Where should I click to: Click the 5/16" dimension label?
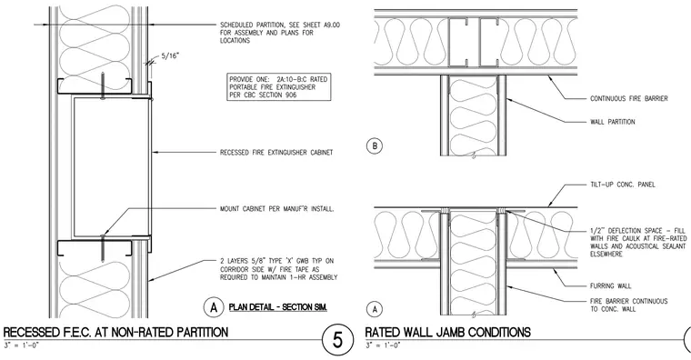[x=171, y=56]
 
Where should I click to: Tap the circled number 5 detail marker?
[x=337, y=340]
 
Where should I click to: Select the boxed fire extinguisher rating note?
[x=278, y=86]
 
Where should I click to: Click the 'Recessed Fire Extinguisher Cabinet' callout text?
[x=276, y=153]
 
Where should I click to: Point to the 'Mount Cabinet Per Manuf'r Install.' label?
[x=276, y=208]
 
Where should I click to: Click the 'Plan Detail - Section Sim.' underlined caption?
[x=278, y=307]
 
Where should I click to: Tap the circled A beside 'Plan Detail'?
[x=214, y=307]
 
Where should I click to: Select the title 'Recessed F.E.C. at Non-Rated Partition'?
[x=115, y=332]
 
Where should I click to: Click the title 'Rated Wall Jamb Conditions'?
[x=447, y=332]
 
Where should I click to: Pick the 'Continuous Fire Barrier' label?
[x=629, y=98]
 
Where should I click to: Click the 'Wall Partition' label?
[x=613, y=122]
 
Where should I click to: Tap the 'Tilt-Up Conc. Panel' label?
[x=622, y=185]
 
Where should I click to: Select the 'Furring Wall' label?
[x=610, y=285]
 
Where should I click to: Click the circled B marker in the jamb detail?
[x=375, y=145]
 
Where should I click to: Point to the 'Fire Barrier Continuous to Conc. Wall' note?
[x=629, y=305]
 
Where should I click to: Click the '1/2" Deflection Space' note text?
[x=638, y=243]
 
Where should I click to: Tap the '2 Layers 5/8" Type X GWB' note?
[x=278, y=269]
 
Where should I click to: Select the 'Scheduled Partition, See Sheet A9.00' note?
[x=280, y=33]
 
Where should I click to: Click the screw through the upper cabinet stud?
[x=103, y=85]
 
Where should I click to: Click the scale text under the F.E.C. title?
[x=21, y=345]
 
